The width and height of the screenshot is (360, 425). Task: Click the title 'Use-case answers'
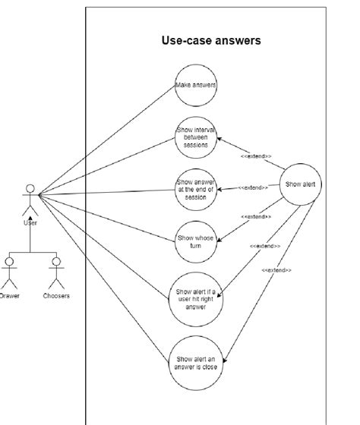tap(211, 41)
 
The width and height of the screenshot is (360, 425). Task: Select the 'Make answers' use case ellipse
tap(196, 86)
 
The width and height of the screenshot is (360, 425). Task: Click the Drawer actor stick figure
tap(9, 272)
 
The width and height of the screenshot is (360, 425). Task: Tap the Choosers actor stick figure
tap(55, 272)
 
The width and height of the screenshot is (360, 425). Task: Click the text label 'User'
tap(30, 223)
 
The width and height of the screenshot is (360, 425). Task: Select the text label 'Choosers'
tap(56, 296)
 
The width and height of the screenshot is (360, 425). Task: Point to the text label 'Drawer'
tap(10, 296)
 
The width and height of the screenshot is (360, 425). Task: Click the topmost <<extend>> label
tap(256, 156)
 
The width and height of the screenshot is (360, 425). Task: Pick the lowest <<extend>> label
tap(276, 270)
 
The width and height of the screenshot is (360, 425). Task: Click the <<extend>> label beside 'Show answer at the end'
tap(251, 187)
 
